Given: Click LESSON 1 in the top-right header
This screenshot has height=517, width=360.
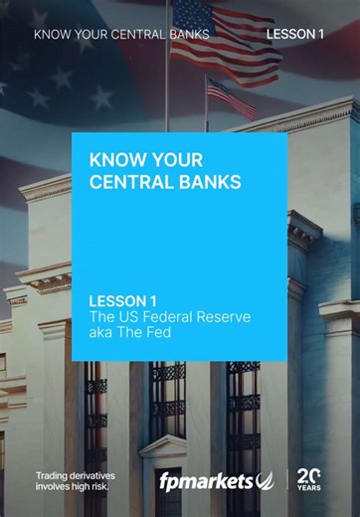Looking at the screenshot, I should [295, 34].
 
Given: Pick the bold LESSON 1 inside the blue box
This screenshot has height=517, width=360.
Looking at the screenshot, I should [124, 300].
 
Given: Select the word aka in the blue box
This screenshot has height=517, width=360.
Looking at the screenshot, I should [101, 332].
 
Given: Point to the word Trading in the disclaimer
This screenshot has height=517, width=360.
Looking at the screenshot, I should [57, 474].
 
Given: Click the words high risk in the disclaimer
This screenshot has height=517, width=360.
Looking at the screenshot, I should [90, 487].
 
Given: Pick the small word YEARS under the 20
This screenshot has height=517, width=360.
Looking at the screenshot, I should [310, 489].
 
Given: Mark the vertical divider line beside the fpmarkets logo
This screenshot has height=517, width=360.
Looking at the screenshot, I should [288, 480].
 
